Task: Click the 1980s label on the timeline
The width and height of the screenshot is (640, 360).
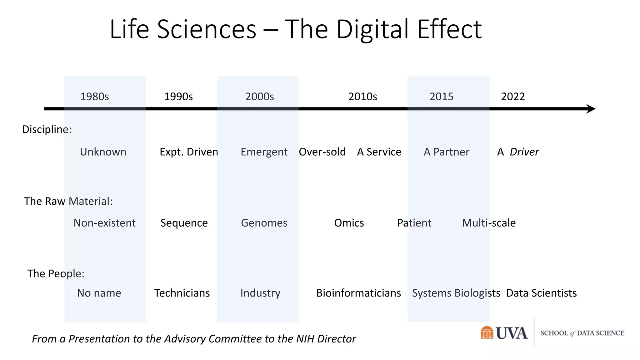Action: pos(94,97)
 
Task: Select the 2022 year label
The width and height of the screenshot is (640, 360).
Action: pos(513,97)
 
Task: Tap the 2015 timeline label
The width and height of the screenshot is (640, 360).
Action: pos(441,97)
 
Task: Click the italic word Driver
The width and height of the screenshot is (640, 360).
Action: pos(524,152)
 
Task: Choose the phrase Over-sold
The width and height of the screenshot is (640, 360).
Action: pos(322,152)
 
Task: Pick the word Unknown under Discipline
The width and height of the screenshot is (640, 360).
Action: pos(103,152)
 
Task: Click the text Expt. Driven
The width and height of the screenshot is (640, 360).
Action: pos(189,152)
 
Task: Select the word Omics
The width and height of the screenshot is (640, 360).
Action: pos(349,223)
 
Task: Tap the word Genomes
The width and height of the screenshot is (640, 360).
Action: pos(264,223)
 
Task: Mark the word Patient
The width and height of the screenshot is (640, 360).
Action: pos(414,223)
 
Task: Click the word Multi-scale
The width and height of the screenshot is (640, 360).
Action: pos(489,223)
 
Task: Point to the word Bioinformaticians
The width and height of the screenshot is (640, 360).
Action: pos(358,293)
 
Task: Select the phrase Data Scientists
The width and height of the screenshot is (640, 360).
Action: pos(541,293)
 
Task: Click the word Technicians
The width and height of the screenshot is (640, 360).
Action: pos(182,293)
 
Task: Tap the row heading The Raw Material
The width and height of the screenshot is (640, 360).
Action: pos(68,201)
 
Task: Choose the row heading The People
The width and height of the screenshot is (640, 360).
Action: pos(56,274)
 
